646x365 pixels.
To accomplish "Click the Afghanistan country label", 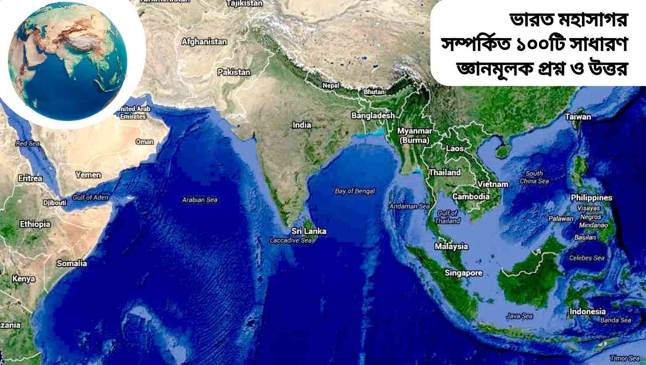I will [x=204, y=42].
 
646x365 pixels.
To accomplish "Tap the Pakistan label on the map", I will [x=234, y=72].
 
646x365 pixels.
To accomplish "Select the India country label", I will [x=302, y=125].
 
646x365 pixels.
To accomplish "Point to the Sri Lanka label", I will [x=309, y=231].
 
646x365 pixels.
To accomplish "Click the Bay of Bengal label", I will [x=355, y=191].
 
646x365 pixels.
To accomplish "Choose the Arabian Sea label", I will [x=200, y=200].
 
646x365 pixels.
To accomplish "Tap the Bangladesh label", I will [x=373, y=115].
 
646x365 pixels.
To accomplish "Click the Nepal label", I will [x=331, y=86].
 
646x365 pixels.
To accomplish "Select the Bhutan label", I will [x=374, y=92].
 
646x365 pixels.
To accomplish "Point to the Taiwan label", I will [x=578, y=117].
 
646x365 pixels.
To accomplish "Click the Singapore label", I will [x=463, y=273].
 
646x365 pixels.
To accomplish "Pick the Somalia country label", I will [x=72, y=263].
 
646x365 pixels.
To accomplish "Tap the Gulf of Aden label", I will [x=90, y=197].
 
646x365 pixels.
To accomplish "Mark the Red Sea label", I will [x=27, y=143].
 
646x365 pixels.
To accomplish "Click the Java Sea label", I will [x=519, y=316].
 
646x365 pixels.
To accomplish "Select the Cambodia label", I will [x=471, y=196].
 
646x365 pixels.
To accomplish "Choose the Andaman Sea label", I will [x=409, y=206].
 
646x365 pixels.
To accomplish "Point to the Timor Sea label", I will [x=624, y=358].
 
